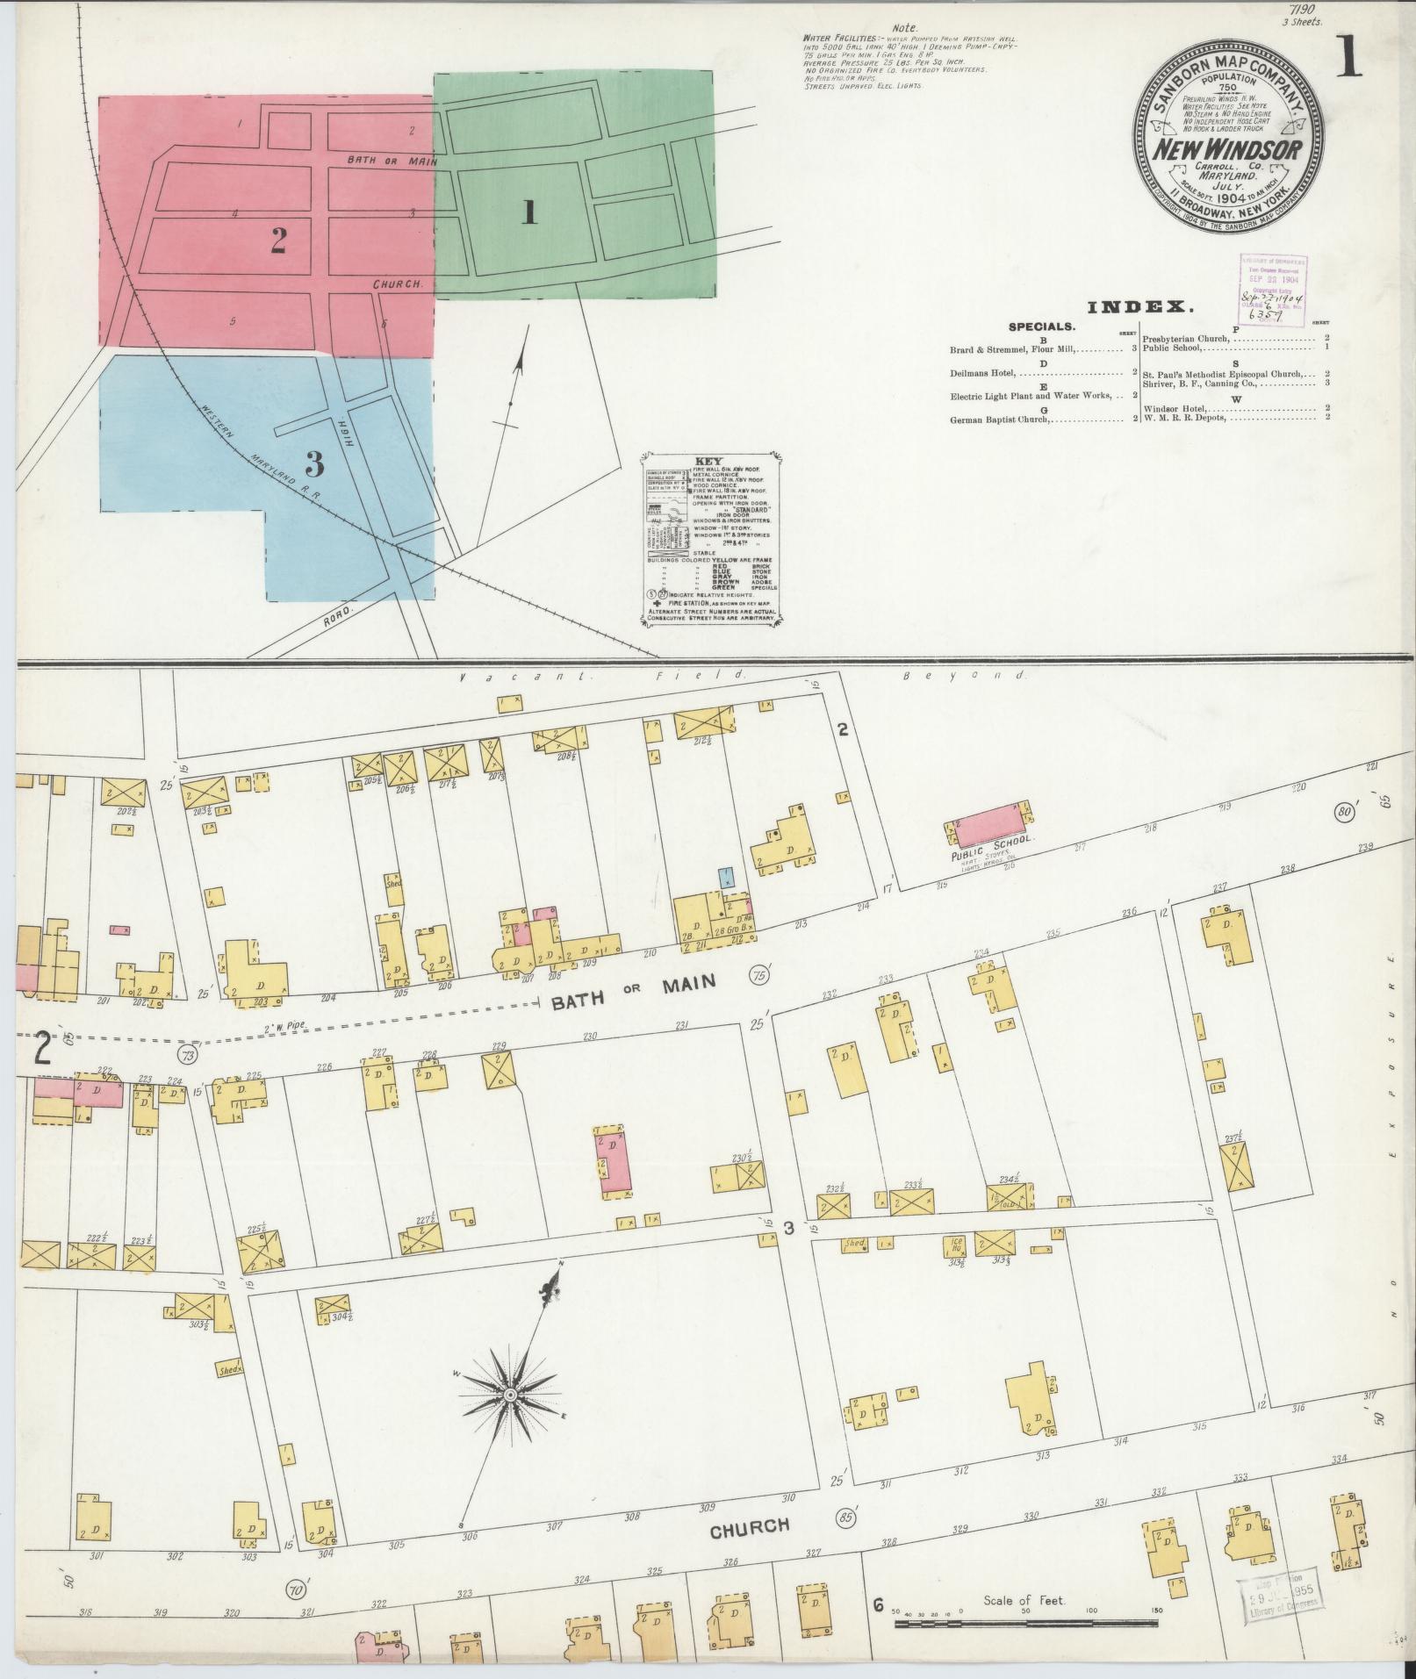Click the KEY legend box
711,539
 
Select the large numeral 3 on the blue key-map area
314,462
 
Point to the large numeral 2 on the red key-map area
278,240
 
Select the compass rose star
509,1395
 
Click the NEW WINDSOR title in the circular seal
1227,150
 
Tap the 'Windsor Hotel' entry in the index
1180,408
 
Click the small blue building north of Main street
726,875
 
